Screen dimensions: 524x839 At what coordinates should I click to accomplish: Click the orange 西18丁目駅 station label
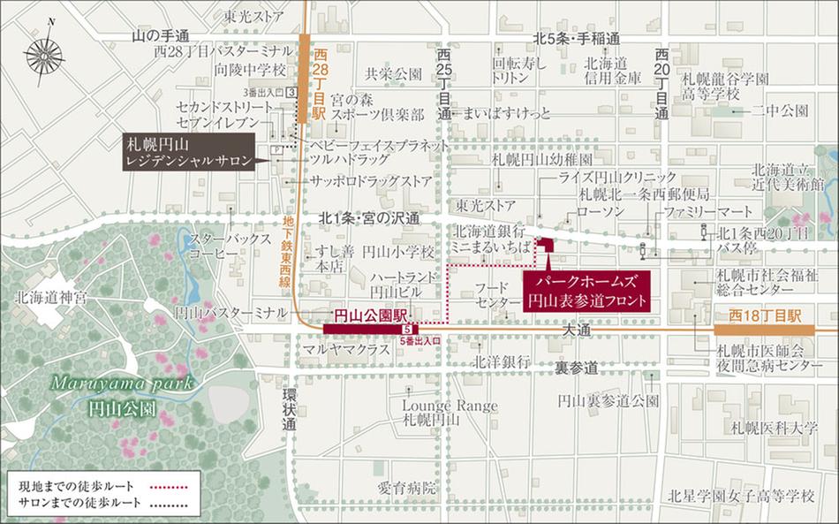click(765, 315)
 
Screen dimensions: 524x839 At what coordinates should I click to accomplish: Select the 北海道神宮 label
click(49, 297)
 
